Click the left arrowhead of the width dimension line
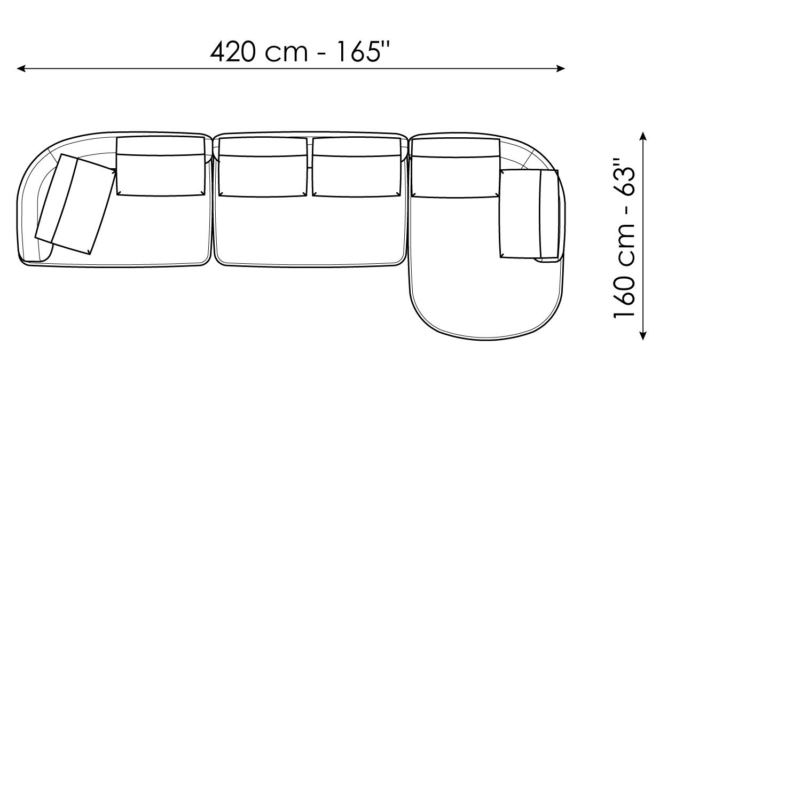21,68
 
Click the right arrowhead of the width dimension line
561,68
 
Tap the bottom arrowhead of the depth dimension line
643,335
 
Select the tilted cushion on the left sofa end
75,204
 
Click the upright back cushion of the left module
161,166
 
